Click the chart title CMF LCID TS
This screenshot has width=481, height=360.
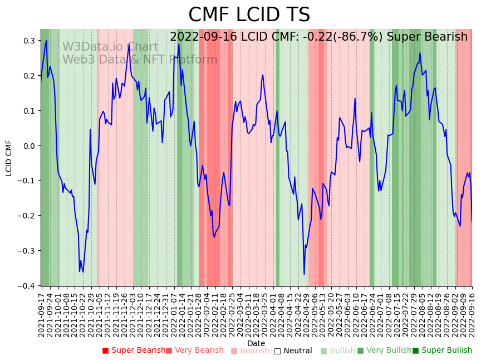[x=249, y=15]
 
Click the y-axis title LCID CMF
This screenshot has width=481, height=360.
[x=9, y=158]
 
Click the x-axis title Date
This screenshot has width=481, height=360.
[x=256, y=343]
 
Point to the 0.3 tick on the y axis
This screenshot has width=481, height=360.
[x=30, y=41]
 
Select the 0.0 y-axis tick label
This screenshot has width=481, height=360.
[x=30, y=145]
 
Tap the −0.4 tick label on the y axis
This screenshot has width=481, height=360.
[x=27, y=285]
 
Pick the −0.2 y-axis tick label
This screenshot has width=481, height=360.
[x=27, y=216]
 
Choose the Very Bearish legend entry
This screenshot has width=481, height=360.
[x=198, y=351]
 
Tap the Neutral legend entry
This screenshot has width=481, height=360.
[x=297, y=351]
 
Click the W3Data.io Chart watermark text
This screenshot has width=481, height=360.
[x=110, y=47]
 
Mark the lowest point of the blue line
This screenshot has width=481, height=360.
[x=304, y=274]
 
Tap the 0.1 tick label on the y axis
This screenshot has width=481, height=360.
[x=30, y=110]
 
